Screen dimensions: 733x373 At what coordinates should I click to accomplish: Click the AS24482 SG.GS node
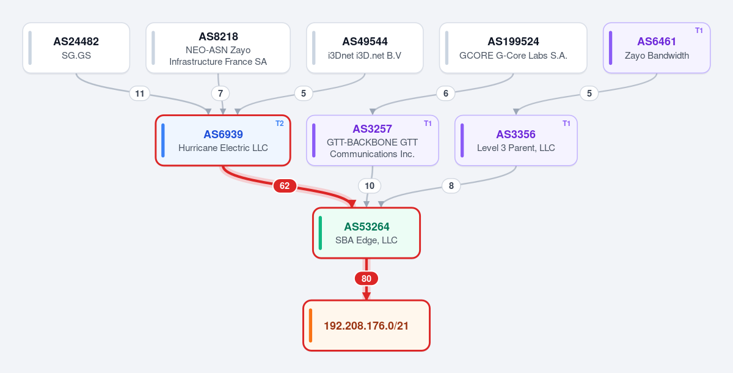76,48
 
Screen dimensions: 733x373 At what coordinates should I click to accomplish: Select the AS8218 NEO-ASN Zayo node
218,48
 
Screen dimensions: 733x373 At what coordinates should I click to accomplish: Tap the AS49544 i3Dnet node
365,48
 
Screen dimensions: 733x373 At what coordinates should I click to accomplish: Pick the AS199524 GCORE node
513,48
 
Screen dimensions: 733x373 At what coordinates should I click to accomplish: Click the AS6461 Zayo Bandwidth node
657,48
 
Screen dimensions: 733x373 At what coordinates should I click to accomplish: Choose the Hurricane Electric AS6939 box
223,141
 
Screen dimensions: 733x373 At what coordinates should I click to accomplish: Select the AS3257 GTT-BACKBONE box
373,141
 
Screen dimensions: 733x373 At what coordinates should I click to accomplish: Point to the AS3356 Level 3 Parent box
516,141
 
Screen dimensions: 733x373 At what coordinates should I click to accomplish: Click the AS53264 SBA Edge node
366,233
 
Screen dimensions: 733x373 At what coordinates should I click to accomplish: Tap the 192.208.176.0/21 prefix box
366,325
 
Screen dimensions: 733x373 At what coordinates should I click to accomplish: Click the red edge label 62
285,186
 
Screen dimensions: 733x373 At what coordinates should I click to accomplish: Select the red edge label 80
366,279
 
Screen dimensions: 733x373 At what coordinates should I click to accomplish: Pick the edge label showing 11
140,94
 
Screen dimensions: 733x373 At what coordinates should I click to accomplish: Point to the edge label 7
221,94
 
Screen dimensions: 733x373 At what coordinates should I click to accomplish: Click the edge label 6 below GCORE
446,94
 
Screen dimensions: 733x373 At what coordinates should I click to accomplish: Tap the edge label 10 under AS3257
370,186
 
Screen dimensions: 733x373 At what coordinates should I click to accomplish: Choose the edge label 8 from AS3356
451,186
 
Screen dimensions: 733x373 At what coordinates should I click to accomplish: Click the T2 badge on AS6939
280,124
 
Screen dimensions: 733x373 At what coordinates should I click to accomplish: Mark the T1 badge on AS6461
699,31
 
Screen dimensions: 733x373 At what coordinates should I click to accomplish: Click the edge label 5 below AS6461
589,94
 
